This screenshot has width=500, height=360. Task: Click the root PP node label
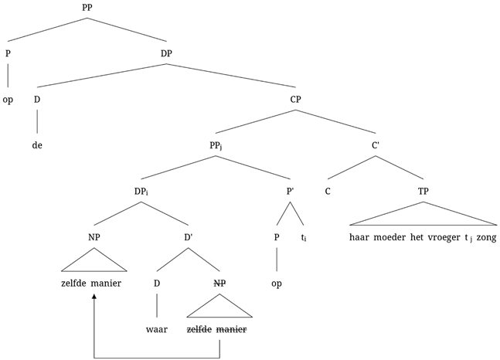[x=88, y=7]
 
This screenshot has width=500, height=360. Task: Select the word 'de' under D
[x=36, y=144]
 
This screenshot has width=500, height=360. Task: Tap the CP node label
[x=296, y=99]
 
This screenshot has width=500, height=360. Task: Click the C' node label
[x=376, y=144]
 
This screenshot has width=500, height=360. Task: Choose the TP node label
[x=423, y=191]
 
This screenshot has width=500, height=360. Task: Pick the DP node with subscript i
[x=141, y=191]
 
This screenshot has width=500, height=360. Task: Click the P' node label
[x=290, y=191]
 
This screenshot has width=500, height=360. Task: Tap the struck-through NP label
[x=220, y=284]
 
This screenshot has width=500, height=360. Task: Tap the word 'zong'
[x=485, y=238]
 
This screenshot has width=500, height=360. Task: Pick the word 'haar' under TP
[x=360, y=238]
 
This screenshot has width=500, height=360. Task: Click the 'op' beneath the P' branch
[x=276, y=284]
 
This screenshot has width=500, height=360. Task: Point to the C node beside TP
[x=328, y=191]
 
